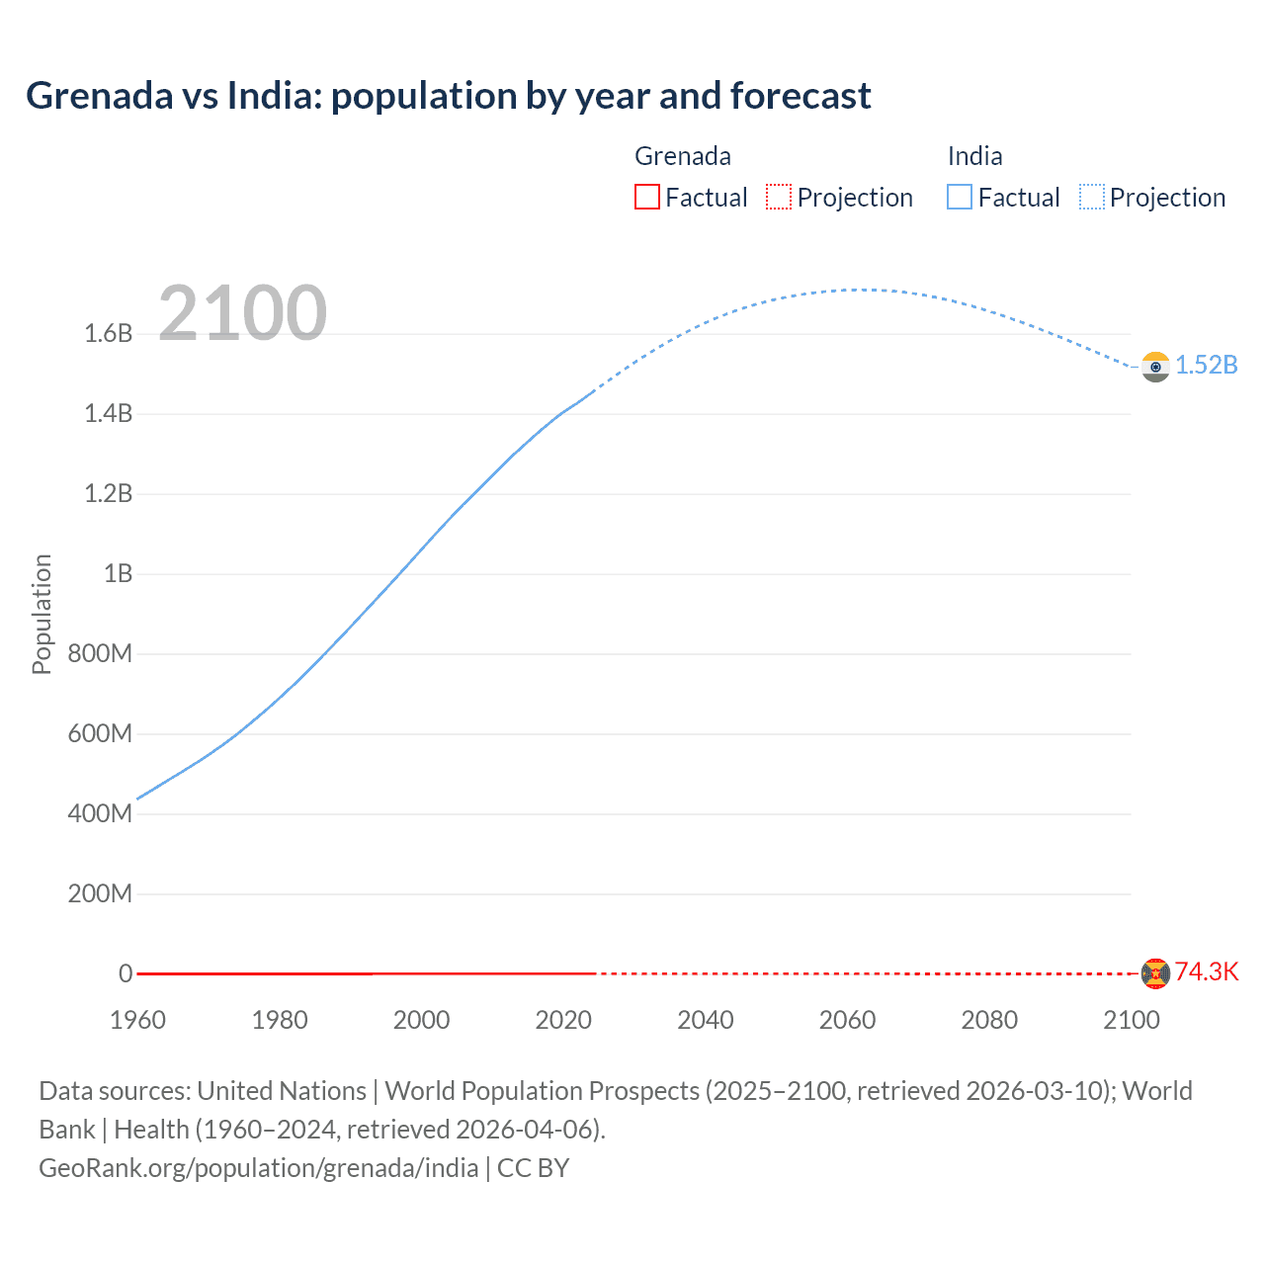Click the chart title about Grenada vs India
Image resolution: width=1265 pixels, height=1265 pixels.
click(448, 96)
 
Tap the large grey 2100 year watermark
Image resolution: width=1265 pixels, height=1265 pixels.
click(242, 313)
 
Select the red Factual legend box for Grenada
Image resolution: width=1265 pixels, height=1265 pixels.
click(646, 197)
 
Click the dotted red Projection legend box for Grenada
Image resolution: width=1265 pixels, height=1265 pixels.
click(779, 197)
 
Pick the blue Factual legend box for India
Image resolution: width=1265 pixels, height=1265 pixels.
click(959, 197)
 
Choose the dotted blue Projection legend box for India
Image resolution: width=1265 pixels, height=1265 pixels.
click(1091, 197)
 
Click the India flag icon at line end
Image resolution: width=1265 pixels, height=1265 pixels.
click(1154, 366)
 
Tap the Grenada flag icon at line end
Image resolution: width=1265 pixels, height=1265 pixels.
click(1154, 973)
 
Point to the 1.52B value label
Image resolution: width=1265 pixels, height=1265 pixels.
click(1206, 365)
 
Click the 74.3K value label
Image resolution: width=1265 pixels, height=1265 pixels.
click(1206, 971)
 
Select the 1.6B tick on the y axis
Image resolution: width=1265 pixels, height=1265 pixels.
click(108, 333)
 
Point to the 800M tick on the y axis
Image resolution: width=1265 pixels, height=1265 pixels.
click(100, 653)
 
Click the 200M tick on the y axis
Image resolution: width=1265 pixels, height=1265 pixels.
click(100, 893)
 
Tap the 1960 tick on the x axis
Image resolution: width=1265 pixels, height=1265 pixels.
click(137, 1020)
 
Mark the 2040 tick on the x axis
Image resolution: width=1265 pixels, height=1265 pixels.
click(705, 1020)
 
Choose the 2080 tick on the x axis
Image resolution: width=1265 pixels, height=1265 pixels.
click(989, 1020)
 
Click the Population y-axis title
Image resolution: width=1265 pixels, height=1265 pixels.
click(42, 614)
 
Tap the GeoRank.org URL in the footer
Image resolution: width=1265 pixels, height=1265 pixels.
click(259, 1167)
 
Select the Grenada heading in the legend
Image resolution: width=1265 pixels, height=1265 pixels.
click(682, 156)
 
